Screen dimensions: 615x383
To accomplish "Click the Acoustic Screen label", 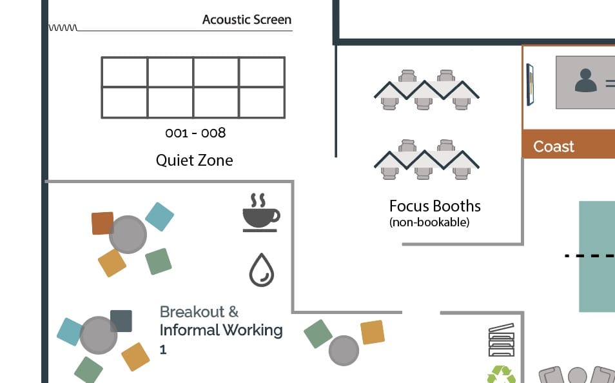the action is [247, 19].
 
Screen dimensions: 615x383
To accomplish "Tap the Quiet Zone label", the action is [194, 160].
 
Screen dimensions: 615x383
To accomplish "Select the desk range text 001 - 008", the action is [195, 133].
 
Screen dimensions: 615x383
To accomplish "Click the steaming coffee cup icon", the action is [261, 212].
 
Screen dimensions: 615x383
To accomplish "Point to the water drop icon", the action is [262, 270].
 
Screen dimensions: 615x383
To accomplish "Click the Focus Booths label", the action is [435, 206].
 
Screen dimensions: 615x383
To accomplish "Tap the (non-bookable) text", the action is [429, 222].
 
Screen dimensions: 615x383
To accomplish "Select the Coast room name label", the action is [553, 146].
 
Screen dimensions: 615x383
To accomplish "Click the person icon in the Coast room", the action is [585, 81].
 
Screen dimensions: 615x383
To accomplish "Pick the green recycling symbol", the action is [502, 375].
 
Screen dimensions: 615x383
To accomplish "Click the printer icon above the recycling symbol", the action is [502, 340].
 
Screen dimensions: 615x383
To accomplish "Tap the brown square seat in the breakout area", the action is [102, 223].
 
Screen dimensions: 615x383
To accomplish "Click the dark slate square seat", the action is [121, 321].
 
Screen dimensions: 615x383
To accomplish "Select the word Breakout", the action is [192, 312].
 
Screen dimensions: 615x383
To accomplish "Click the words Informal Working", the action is [221, 330].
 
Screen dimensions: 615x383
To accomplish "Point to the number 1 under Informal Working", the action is [163, 349].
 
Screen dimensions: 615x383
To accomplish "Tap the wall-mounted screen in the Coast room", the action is [529, 84].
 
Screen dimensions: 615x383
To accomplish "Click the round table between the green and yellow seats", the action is [344, 350].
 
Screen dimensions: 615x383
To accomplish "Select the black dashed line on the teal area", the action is [589, 256].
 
